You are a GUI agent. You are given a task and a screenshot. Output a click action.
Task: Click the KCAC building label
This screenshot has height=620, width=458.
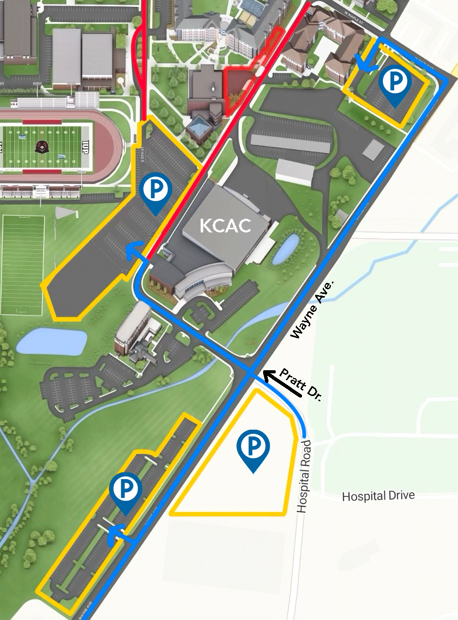225,226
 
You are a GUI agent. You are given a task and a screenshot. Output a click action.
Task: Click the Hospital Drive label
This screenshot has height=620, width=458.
378,495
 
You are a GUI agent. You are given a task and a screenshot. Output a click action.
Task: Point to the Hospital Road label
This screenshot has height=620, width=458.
304,476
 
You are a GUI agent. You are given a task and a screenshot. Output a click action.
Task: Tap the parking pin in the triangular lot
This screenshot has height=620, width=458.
253,450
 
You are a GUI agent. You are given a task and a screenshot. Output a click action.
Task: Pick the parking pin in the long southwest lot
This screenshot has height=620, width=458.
126,492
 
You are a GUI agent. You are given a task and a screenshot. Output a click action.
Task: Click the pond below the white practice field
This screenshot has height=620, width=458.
51,342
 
